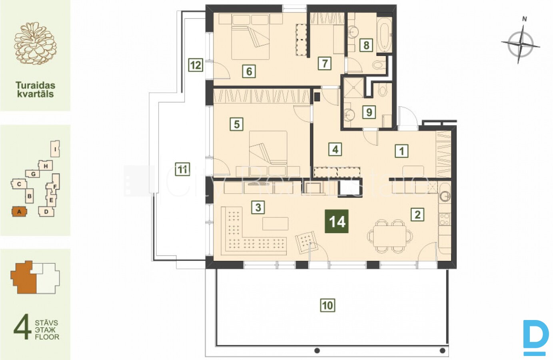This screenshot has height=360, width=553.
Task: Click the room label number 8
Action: (x=366, y=45)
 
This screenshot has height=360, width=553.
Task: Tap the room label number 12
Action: (x=196, y=65)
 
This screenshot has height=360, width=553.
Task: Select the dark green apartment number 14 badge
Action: (x=337, y=221)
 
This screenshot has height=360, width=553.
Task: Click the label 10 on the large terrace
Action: (x=327, y=306)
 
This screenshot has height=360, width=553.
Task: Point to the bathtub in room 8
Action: (x=385, y=34)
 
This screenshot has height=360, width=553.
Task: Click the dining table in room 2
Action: (x=390, y=236)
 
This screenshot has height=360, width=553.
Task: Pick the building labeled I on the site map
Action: (x=55, y=149)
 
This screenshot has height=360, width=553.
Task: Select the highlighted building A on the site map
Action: (x=19, y=212)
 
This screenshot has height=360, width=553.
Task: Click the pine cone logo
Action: (x=35, y=44)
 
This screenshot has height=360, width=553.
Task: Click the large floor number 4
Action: (x=22, y=326)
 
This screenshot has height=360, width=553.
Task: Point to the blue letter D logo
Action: (x=535, y=338)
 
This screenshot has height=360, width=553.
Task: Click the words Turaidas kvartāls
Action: (x=35, y=90)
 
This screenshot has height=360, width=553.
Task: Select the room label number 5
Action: (x=236, y=124)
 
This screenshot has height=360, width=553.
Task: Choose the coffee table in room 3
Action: (x=275, y=224)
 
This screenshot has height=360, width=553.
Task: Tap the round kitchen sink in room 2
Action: (x=445, y=197)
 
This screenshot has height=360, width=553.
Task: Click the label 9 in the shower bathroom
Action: (x=369, y=112)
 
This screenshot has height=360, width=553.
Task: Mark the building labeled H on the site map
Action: (x=46, y=166)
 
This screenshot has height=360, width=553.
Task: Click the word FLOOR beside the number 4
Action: (x=47, y=337)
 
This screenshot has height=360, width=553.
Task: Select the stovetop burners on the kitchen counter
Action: (x=444, y=219)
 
